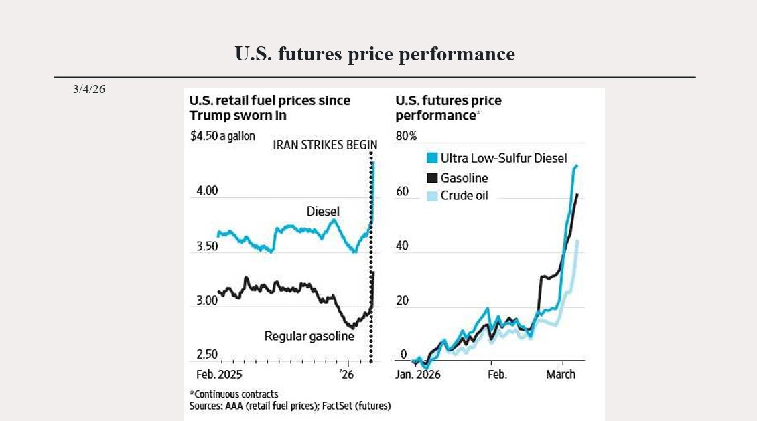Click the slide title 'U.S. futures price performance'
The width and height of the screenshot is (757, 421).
[374, 54]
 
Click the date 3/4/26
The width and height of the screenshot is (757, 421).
[89, 89]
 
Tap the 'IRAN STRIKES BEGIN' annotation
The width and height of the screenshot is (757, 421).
[325, 145]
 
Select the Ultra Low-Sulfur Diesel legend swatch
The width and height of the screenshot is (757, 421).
[432, 159]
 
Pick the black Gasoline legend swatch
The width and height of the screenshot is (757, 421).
[432, 178]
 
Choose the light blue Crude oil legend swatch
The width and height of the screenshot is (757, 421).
[432, 196]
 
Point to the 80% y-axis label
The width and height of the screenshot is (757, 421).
[406, 137]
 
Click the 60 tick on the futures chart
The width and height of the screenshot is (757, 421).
[402, 191]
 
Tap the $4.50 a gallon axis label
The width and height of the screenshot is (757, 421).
[222, 136]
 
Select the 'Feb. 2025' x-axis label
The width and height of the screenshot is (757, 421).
[219, 374]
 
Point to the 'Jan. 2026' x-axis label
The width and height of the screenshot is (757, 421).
[418, 374]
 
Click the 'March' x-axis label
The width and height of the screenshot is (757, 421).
[561, 374]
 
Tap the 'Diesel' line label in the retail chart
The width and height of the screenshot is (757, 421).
[323, 212]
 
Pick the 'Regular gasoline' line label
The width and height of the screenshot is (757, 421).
[309, 336]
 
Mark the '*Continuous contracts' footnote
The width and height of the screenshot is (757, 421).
[233, 394]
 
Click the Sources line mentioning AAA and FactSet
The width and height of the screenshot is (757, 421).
[289, 406]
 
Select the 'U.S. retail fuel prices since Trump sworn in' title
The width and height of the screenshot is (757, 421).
[269, 108]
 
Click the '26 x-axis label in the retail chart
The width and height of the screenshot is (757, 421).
[346, 374]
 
